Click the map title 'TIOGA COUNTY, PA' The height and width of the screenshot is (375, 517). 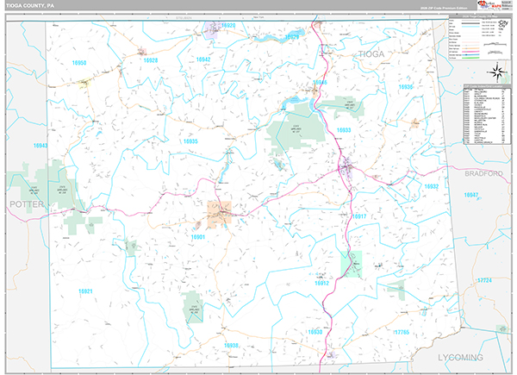(x=28, y=5)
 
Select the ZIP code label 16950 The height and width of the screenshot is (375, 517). (x=79, y=63)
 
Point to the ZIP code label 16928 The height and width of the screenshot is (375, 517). (x=151, y=60)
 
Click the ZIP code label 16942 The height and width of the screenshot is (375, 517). (x=203, y=59)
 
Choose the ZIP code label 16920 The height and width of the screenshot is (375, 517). (x=227, y=26)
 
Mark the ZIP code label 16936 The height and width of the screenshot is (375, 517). (x=406, y=87)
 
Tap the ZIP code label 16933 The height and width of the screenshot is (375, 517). (x=344, y=130)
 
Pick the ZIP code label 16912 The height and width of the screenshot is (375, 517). (x=321, y=283)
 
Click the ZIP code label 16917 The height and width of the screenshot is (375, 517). (x=359, y=216)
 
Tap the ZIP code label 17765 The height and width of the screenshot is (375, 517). (x=404, y=331)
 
